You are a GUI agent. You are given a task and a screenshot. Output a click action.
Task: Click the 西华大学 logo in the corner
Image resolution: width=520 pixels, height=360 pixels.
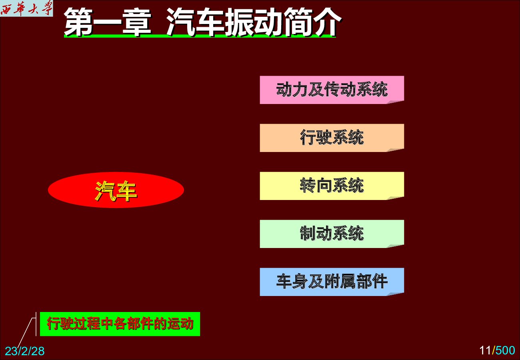(x=26, y=8)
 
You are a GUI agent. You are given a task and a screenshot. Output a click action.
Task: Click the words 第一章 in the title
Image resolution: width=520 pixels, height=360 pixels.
(x=108, y=22)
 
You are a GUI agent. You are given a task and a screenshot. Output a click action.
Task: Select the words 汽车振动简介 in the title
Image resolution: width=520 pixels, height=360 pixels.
(x=254, y=22)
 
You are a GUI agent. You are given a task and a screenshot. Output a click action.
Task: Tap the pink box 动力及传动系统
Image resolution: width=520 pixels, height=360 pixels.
(x=332, y=90)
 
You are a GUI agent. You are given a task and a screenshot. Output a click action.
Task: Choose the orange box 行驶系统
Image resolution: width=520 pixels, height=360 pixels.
(x=332, y=138)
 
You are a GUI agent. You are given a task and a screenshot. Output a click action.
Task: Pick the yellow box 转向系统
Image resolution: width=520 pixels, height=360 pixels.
(x=332, y=186)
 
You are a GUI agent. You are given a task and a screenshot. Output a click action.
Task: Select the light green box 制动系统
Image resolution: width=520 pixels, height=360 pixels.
(x=332, y=234)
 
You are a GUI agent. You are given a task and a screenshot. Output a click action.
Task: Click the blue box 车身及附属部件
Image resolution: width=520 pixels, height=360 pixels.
(x=332, y=282)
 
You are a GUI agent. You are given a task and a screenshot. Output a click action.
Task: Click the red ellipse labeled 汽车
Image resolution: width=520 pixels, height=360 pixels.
(x=116, y=190)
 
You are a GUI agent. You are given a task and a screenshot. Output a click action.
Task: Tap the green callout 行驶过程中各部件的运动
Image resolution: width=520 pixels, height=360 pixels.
(x=120, y=324)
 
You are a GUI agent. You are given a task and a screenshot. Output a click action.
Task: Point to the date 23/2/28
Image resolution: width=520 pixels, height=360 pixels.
(x=25, y=351)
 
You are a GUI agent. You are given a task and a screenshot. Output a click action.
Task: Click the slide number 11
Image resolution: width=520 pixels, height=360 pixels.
(x=485, y=350)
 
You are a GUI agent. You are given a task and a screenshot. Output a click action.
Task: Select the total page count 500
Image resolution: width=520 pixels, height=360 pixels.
(x=505, y=350)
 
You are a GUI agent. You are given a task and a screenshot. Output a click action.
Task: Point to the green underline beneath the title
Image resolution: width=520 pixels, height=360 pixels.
(x=200, y=36)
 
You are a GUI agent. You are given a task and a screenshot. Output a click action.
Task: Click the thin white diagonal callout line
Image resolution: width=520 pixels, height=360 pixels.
(x=25, y=333)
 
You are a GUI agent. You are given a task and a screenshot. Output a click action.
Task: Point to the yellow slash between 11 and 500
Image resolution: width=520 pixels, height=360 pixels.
(x=493, y=350)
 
